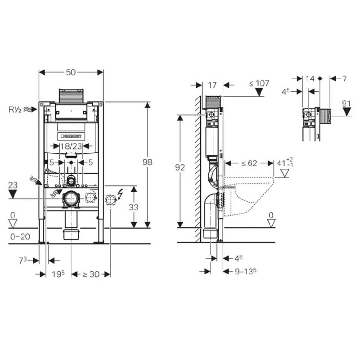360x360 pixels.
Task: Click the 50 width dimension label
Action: click(71, 72)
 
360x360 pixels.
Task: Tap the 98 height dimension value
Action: click(148, 162)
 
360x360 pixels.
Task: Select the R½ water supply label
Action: click(15, 109)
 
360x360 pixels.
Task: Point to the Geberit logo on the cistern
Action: click(71, 136)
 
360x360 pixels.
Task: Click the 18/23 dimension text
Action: click(71, 146)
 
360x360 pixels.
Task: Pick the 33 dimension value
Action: click(133, 207)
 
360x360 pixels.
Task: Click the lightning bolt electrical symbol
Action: click(120, 194)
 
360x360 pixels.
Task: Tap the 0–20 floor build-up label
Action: click(20, 237)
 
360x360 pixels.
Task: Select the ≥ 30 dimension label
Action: click(91, 274)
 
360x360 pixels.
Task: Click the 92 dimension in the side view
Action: click(180, 167)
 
